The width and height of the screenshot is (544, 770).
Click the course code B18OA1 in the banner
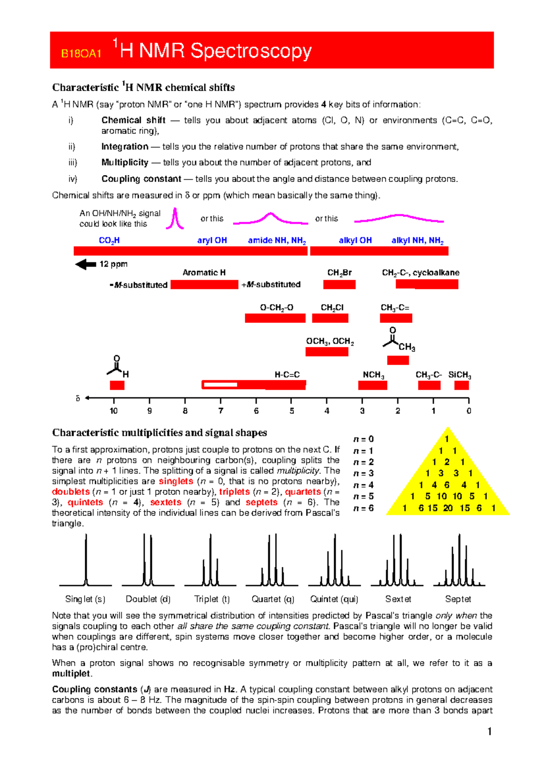[x=81, y=54]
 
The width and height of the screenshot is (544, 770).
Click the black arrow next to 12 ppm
[x=86, y=264]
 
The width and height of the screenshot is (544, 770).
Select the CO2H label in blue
[x=109, y=240]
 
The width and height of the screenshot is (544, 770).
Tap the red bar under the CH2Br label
[x=339, y=284]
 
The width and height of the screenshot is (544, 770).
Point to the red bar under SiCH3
[x=461, y=385]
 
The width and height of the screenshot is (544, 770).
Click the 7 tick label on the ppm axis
[x=221, y=411]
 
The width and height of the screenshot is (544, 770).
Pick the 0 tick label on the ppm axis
[x=469, y=411]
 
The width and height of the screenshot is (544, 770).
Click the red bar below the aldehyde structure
[x=117, y=385]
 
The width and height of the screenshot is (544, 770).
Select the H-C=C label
[x=287, y=375]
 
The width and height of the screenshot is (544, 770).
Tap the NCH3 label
[x=374, y=375]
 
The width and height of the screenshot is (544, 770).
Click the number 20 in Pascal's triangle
[x=448, y=508]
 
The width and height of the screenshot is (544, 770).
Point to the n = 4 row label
[x=364, y=485]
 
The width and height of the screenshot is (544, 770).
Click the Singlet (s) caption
[x=85, y=599]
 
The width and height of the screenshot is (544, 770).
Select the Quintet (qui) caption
[x=334, y=599]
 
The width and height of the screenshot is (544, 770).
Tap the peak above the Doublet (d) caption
[x=148, y=560]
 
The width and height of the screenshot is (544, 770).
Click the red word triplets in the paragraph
[x=234, y=492]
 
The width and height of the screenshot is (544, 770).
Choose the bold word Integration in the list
[x=125, y=146]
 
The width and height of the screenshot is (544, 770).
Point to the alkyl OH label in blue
[x=355, y=240]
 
